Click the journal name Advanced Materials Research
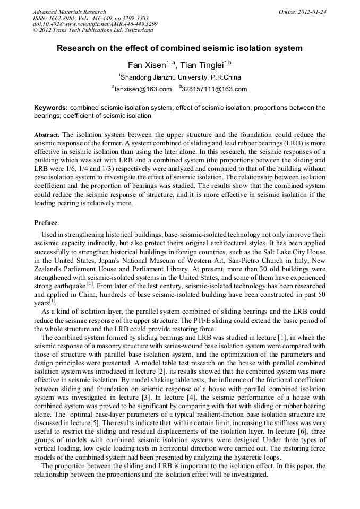(x=69, y=12)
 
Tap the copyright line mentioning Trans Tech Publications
(x=93, y=30)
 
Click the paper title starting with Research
(x=179, y=48)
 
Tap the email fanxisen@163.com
(x=143, y=89)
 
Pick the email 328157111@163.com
(x=215, y=89)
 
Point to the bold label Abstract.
(x=46, y=135)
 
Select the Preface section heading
(x=46, y=223)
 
